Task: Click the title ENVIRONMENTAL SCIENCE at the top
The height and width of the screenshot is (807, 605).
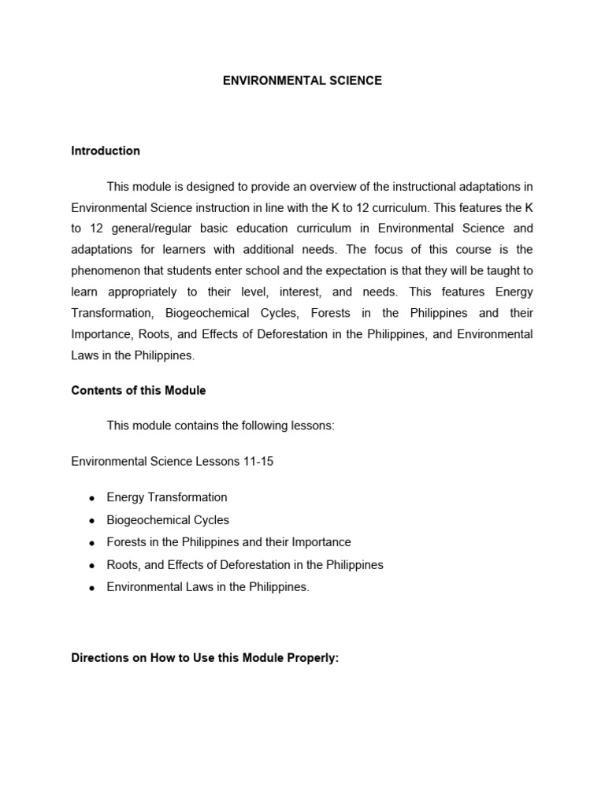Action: (302, 80)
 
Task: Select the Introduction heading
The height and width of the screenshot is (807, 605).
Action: (106, 151)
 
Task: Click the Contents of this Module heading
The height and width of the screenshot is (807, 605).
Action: (139, 390)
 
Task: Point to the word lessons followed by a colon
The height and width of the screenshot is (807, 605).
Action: (313, 426)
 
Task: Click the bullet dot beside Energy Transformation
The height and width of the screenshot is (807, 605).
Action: (92, 498)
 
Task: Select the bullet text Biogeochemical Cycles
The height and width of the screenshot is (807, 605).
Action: (168, 520)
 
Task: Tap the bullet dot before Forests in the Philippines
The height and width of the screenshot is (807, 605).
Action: (92, 543)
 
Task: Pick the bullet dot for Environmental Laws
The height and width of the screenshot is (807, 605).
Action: (92, 588)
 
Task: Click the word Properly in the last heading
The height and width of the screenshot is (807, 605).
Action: (313, 658)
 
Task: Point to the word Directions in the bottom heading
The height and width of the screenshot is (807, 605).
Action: (99, 658)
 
